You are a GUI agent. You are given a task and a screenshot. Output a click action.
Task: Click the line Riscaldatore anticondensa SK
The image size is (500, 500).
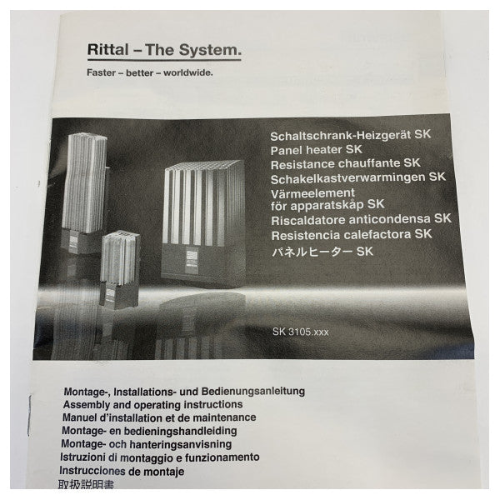point(360,220)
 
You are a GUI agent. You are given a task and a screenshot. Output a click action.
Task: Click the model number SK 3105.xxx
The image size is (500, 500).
point(300,332)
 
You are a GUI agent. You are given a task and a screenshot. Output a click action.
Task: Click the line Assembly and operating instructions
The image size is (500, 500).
point(147,403)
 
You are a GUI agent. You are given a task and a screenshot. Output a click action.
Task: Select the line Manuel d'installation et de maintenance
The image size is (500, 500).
point(158,417)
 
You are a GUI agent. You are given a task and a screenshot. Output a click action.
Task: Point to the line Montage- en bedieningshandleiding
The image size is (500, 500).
point(149,431)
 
